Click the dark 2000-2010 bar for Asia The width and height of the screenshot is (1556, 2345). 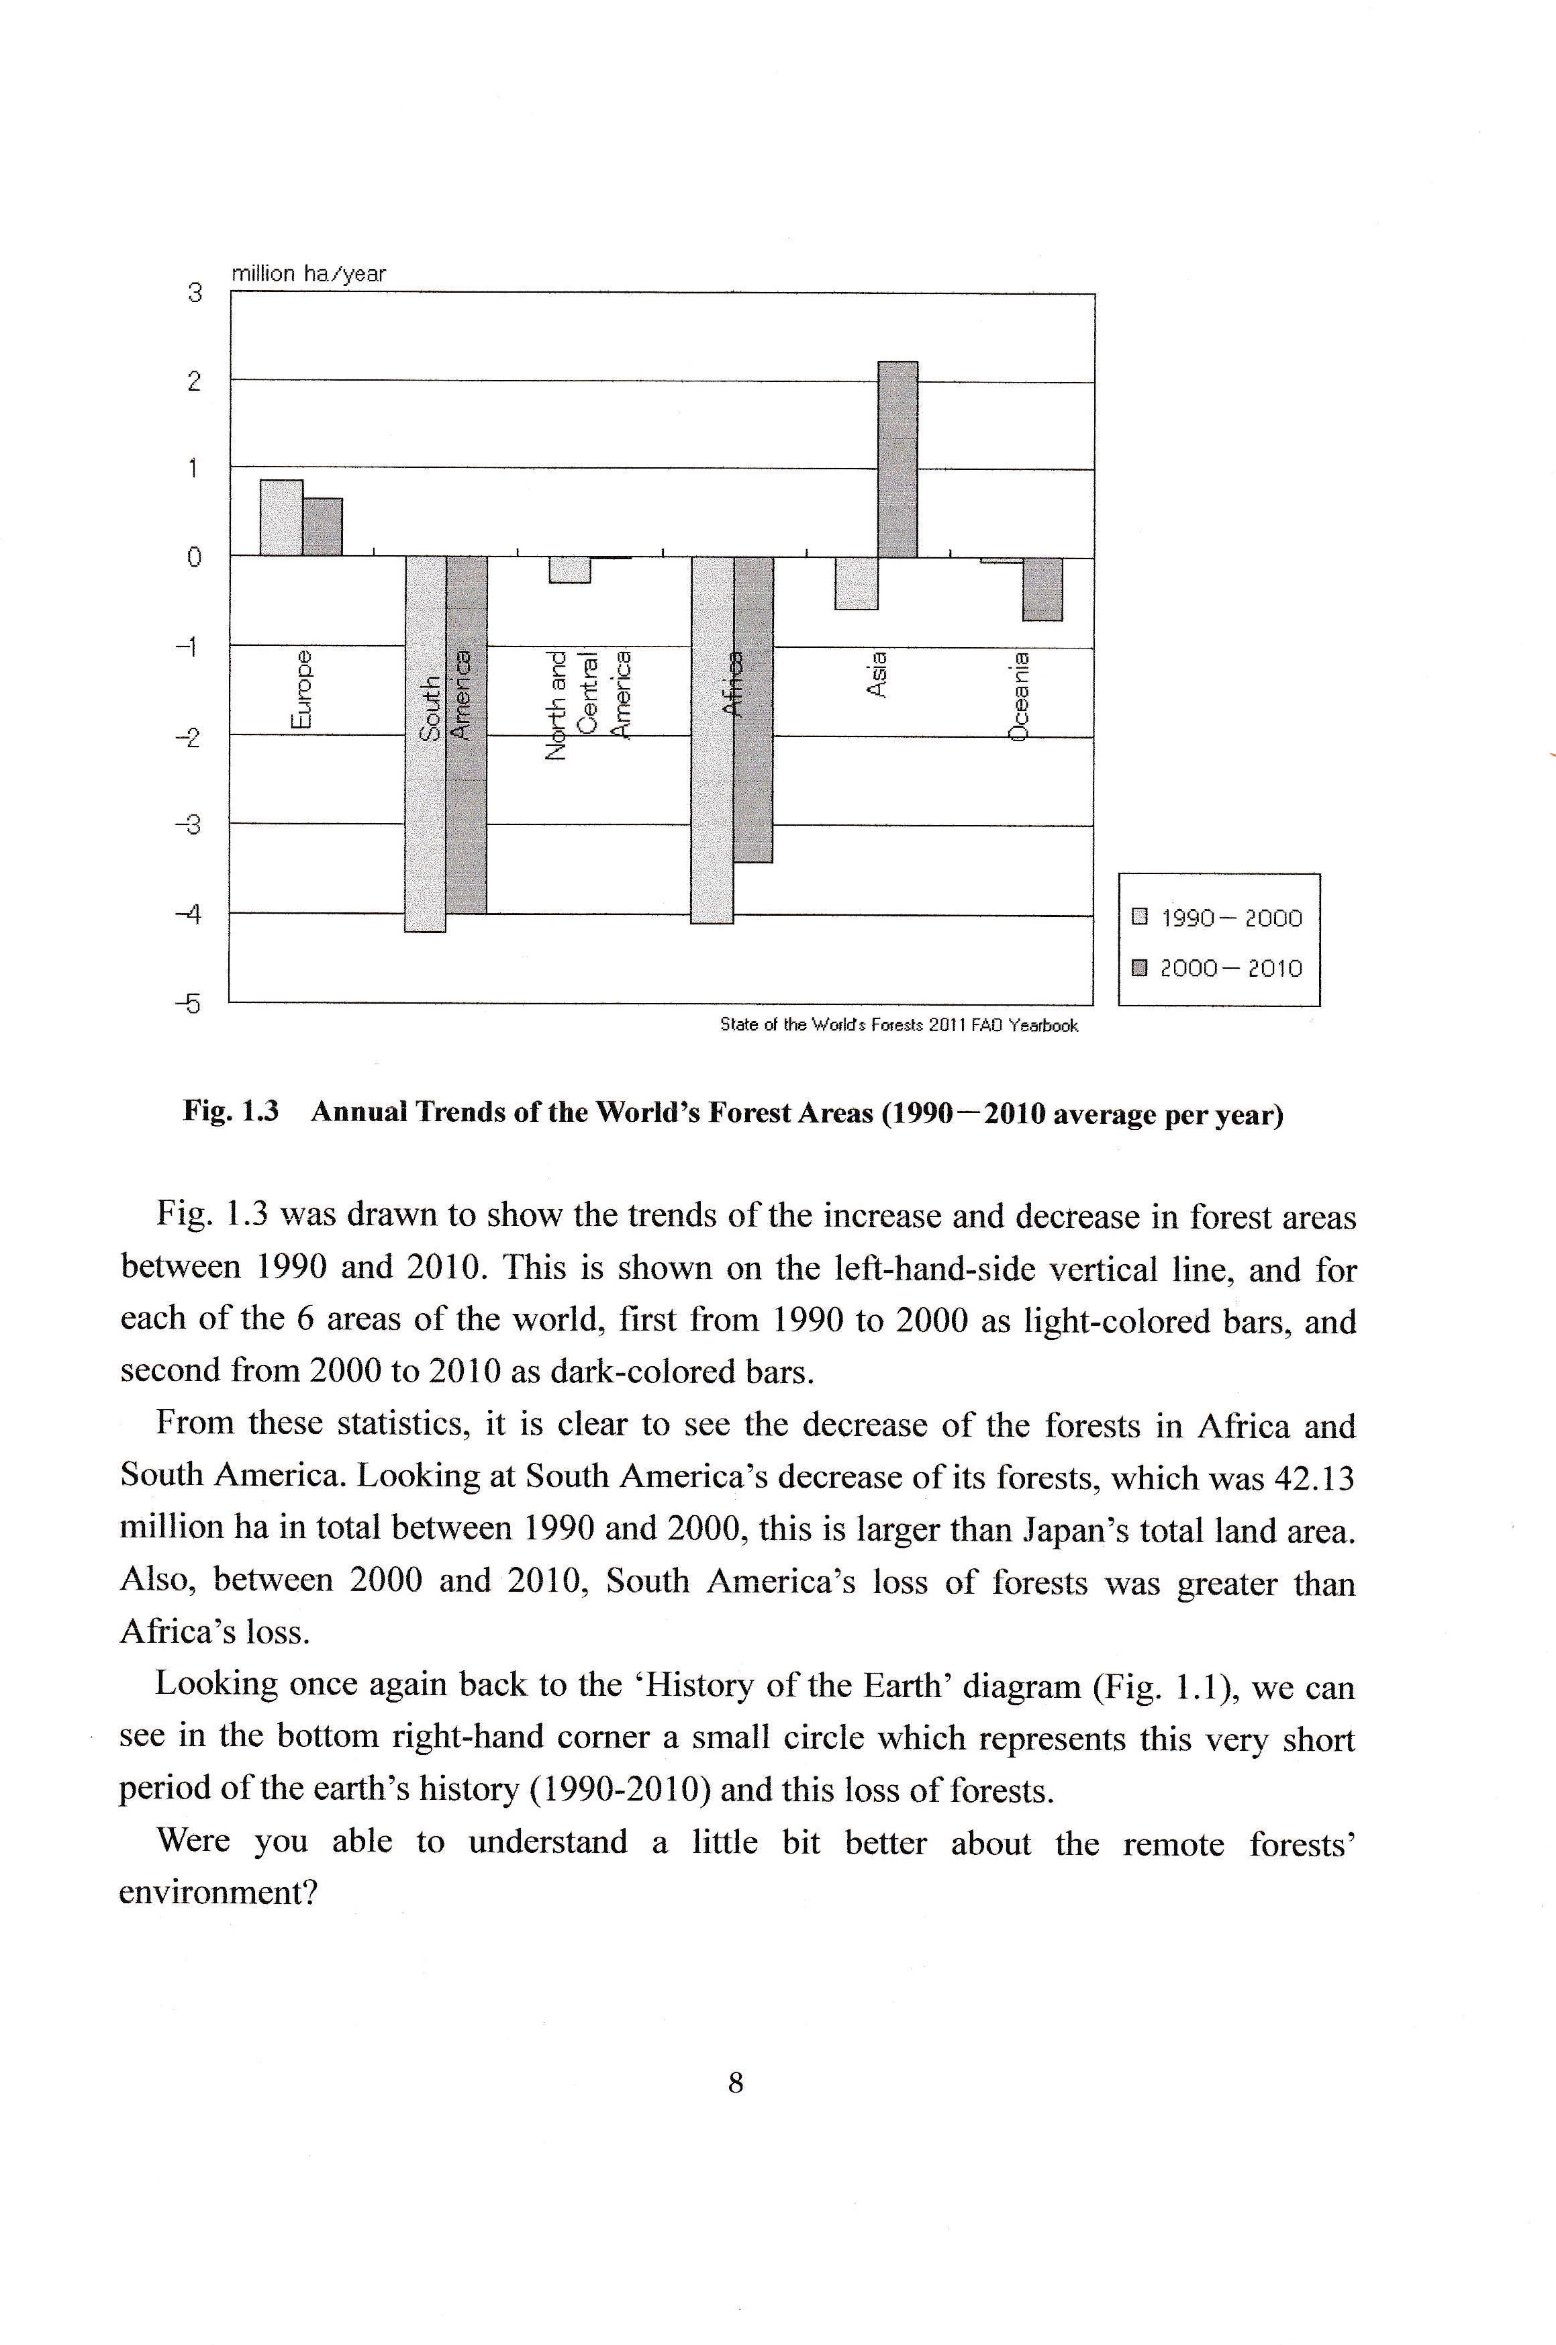(x=898, y=459)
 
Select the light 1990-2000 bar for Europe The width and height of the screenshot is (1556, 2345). (x=281, y=518)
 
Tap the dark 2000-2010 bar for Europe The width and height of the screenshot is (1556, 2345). (x=322, y=527)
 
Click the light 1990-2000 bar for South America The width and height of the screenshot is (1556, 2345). (x=426, y=745)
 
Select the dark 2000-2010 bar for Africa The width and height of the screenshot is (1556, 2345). (x=753, y=710)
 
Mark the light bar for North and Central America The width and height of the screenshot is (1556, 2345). (x=570, y=569)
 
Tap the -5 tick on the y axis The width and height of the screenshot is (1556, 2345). (x=189, y=1004)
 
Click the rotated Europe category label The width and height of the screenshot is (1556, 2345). (x=301, y=691)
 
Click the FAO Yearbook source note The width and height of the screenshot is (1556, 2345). (x=898, y=1025)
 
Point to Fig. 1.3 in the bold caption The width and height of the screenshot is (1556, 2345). (x=229, y=1112)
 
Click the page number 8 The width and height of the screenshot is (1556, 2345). (x=735, y=2082)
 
